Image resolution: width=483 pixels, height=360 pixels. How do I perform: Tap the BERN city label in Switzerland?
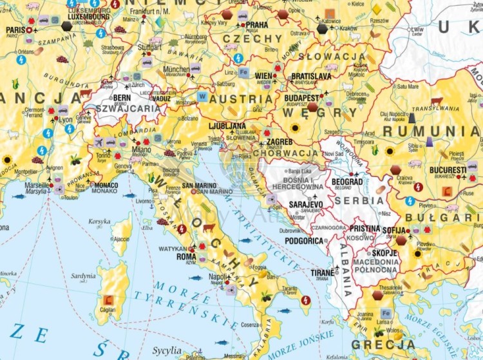point(122,98)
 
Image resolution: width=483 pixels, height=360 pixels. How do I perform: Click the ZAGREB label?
point(279,141)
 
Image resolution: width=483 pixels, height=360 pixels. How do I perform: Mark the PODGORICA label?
point(303,241)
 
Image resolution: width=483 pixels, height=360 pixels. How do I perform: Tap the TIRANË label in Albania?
point(323,272)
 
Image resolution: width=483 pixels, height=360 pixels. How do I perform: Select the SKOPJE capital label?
point(384,253)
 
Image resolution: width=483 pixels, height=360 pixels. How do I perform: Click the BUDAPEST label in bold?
point(302,98)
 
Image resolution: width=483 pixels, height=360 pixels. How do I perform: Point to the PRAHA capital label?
point(257,25)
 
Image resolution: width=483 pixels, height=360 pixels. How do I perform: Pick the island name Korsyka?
point(99,222)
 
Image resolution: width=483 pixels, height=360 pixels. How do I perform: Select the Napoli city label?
point(218,276)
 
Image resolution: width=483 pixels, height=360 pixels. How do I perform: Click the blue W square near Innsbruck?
point(202,97)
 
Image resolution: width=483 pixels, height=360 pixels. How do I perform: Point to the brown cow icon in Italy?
point(209,228)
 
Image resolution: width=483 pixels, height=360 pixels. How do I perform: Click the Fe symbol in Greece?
point(385,314)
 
